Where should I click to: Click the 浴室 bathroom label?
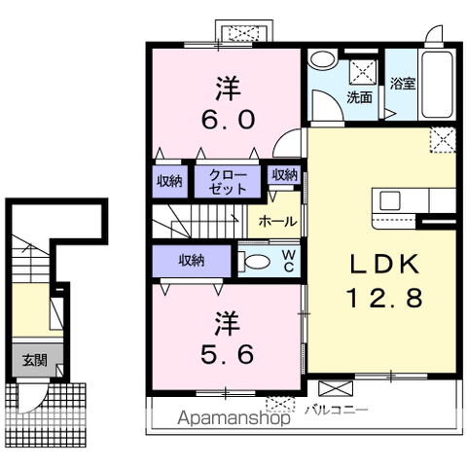tap(403, 84)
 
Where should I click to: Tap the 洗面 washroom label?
tap(359, 97)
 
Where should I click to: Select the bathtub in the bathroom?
tap(437, 85)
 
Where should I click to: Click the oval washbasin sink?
tap(322, 58)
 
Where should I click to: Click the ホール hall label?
tap(277, 222)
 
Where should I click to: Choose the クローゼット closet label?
tap(228, 182)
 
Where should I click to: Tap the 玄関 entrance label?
tap(35, 360)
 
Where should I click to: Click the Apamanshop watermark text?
tap(233, 418)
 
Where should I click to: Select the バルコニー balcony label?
tap(336, 411)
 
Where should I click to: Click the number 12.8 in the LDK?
tap(384, 298)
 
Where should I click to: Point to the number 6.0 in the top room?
tap(228, 120)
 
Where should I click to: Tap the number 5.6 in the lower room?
tap(227, 354)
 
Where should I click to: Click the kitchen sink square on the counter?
tap(390, 200)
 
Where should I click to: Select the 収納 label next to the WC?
tap(192, 260)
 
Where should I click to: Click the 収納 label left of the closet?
tap(169, 182)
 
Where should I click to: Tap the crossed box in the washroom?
tap(363, 72)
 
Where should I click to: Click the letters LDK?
tap(384, 264)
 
